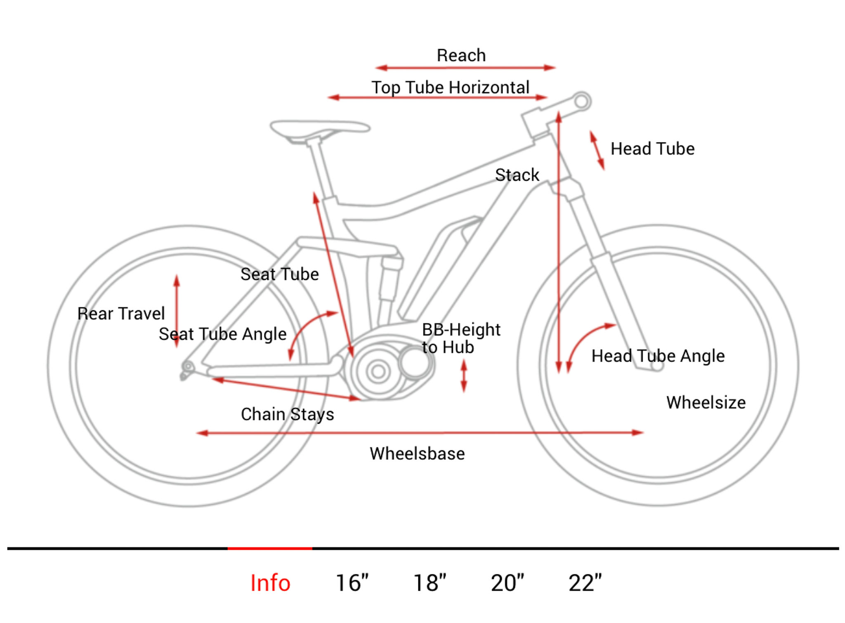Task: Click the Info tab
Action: click(270, 583)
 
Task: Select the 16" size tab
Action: click(352, 583)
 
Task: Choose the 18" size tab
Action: click(430, 583)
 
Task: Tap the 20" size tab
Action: click(507, 583)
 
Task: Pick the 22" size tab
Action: click(585, 583)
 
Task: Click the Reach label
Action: click(461, 55)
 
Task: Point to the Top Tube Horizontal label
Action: click(450, 87)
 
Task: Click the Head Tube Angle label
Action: click(658, 356)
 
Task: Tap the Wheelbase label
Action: click(417, 453)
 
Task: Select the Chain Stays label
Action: click(287, 414)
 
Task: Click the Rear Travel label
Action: click(121, 314)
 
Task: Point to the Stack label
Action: click(517, 175)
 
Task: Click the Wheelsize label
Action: click(706, 402)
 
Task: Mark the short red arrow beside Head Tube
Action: click(597, 150)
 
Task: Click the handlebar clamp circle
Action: click(582, 101)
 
